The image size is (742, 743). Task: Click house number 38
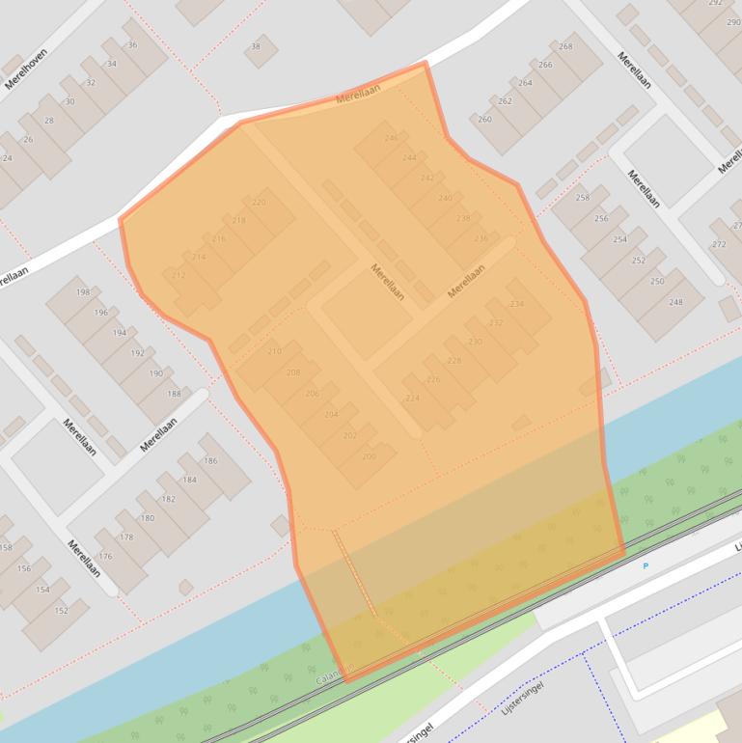tap(256, 46)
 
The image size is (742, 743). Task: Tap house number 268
tap(565, 46)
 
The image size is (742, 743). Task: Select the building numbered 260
tap(484, 120)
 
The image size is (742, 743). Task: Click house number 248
tap(675, 302)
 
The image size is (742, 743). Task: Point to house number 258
tap(583, 198)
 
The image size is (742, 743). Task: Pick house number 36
tap(132, 45)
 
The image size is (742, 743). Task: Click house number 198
tap(83, 291)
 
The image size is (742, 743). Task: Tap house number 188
tap(174, 394)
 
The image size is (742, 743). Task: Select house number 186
tap(210, 461)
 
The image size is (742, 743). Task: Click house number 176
tap(105, 557)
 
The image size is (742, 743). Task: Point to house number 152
tap(62, 611)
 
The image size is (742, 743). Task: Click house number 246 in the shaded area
tap(391, 138)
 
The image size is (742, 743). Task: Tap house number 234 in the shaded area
tap(517, 304)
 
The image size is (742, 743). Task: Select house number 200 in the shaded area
tap(369, 456)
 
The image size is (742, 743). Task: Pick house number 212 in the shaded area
tap(179, 276)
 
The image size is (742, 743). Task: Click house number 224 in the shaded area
tap(412, 398)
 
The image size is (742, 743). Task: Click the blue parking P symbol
tap(646, 566)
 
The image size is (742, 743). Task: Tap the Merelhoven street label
tap(26, 68)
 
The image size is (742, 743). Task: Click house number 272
tap(719, 244)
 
